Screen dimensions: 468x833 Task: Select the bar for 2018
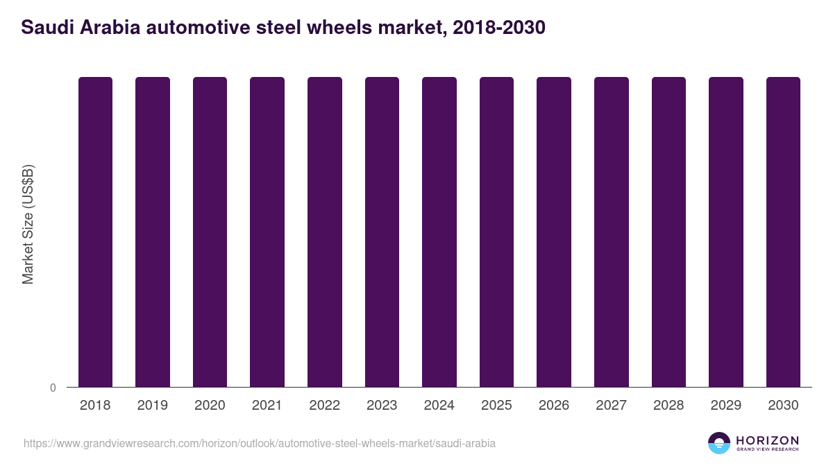[x=95, y=232]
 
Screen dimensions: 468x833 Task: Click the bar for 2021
[x=267, y=232]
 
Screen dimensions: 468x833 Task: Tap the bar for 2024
[x=439, y=232]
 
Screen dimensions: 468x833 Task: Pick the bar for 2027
[x=612, y=232]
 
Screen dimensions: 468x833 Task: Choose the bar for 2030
[x=783, y=232]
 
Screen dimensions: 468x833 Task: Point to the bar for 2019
[x=153, y=232]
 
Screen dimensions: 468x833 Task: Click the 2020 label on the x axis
[x=210, y=405]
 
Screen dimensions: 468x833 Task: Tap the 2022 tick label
[x=324, y=405]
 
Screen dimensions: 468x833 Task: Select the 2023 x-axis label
[x=382, y=405]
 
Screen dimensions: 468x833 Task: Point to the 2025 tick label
[x=496, y=405]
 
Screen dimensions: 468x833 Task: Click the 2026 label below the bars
[x=554, y=405]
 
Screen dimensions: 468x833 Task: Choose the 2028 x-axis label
[x=668, y=405]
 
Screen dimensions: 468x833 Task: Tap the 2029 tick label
[x=725, y=405]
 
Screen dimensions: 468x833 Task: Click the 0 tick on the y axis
[x=53, y=388]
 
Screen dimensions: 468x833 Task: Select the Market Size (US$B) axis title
[x=28, y=225]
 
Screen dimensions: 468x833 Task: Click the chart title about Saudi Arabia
[x=283, y=28]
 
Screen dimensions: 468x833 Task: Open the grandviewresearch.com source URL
[x=260, y=443]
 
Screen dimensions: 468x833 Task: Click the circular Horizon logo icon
[x=719, y=443]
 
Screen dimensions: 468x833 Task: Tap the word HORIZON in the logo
[x=767, y=440]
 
